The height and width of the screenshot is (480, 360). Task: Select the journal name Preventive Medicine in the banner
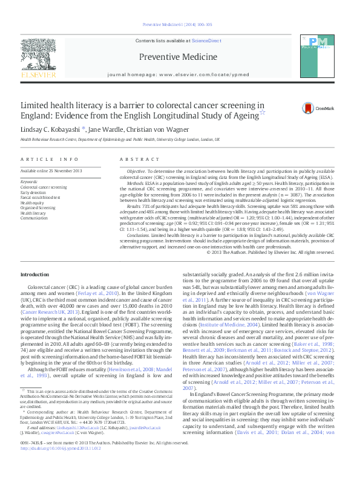178,57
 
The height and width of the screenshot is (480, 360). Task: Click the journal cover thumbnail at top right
324,53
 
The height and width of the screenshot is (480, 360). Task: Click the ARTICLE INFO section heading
50,159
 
